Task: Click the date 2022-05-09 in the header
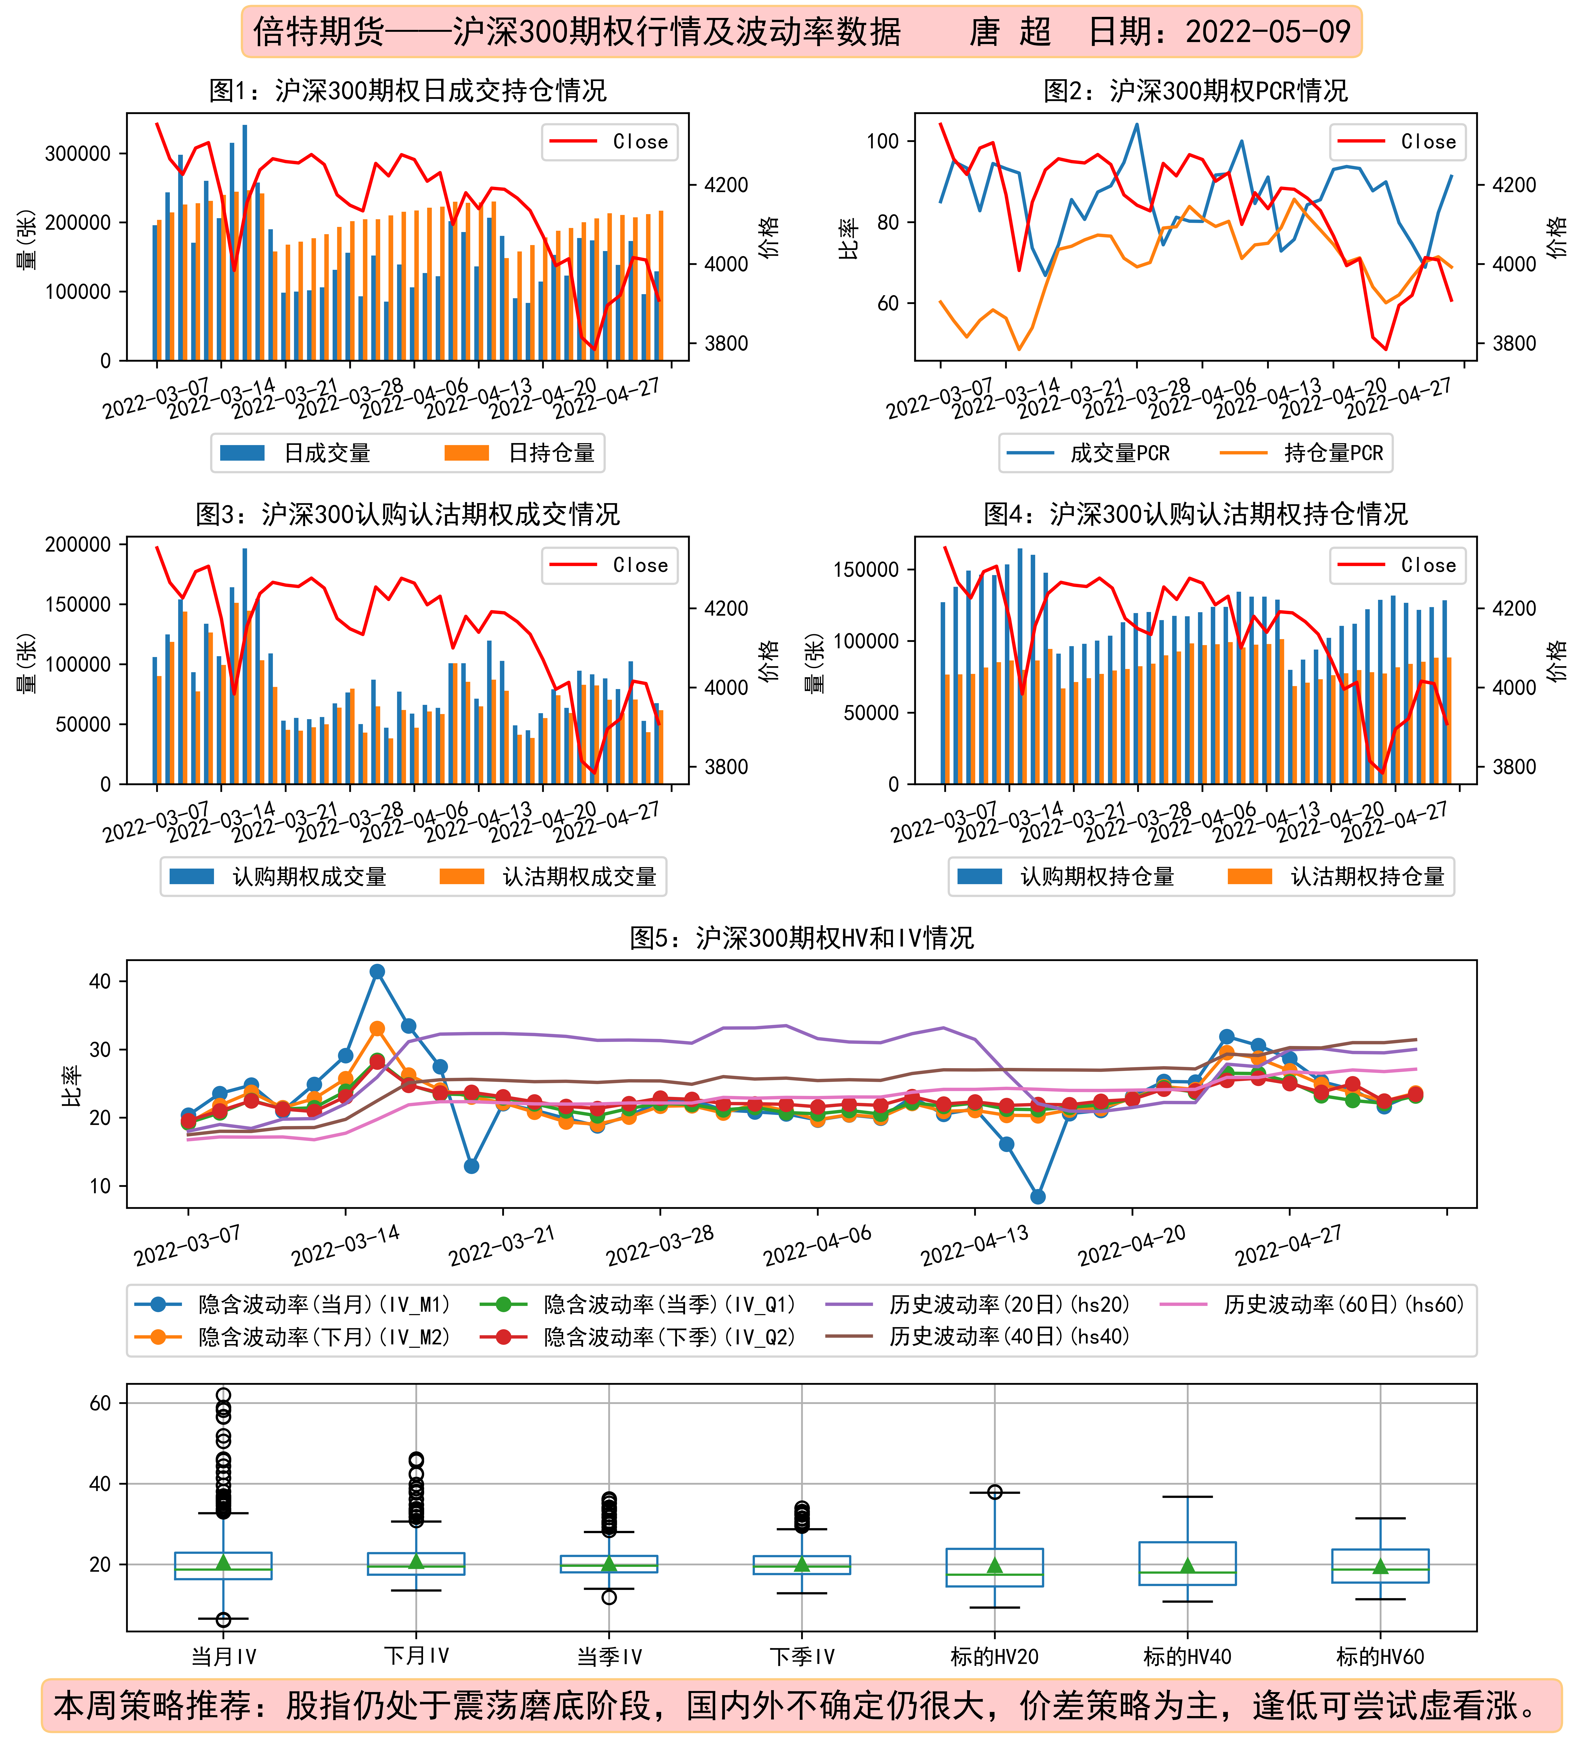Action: pos(1268,33)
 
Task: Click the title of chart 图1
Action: pos(408,91)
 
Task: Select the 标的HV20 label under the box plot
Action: pos(994,1657)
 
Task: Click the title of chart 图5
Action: pos(801,938)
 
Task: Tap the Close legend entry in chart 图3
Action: pos(610,565)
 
